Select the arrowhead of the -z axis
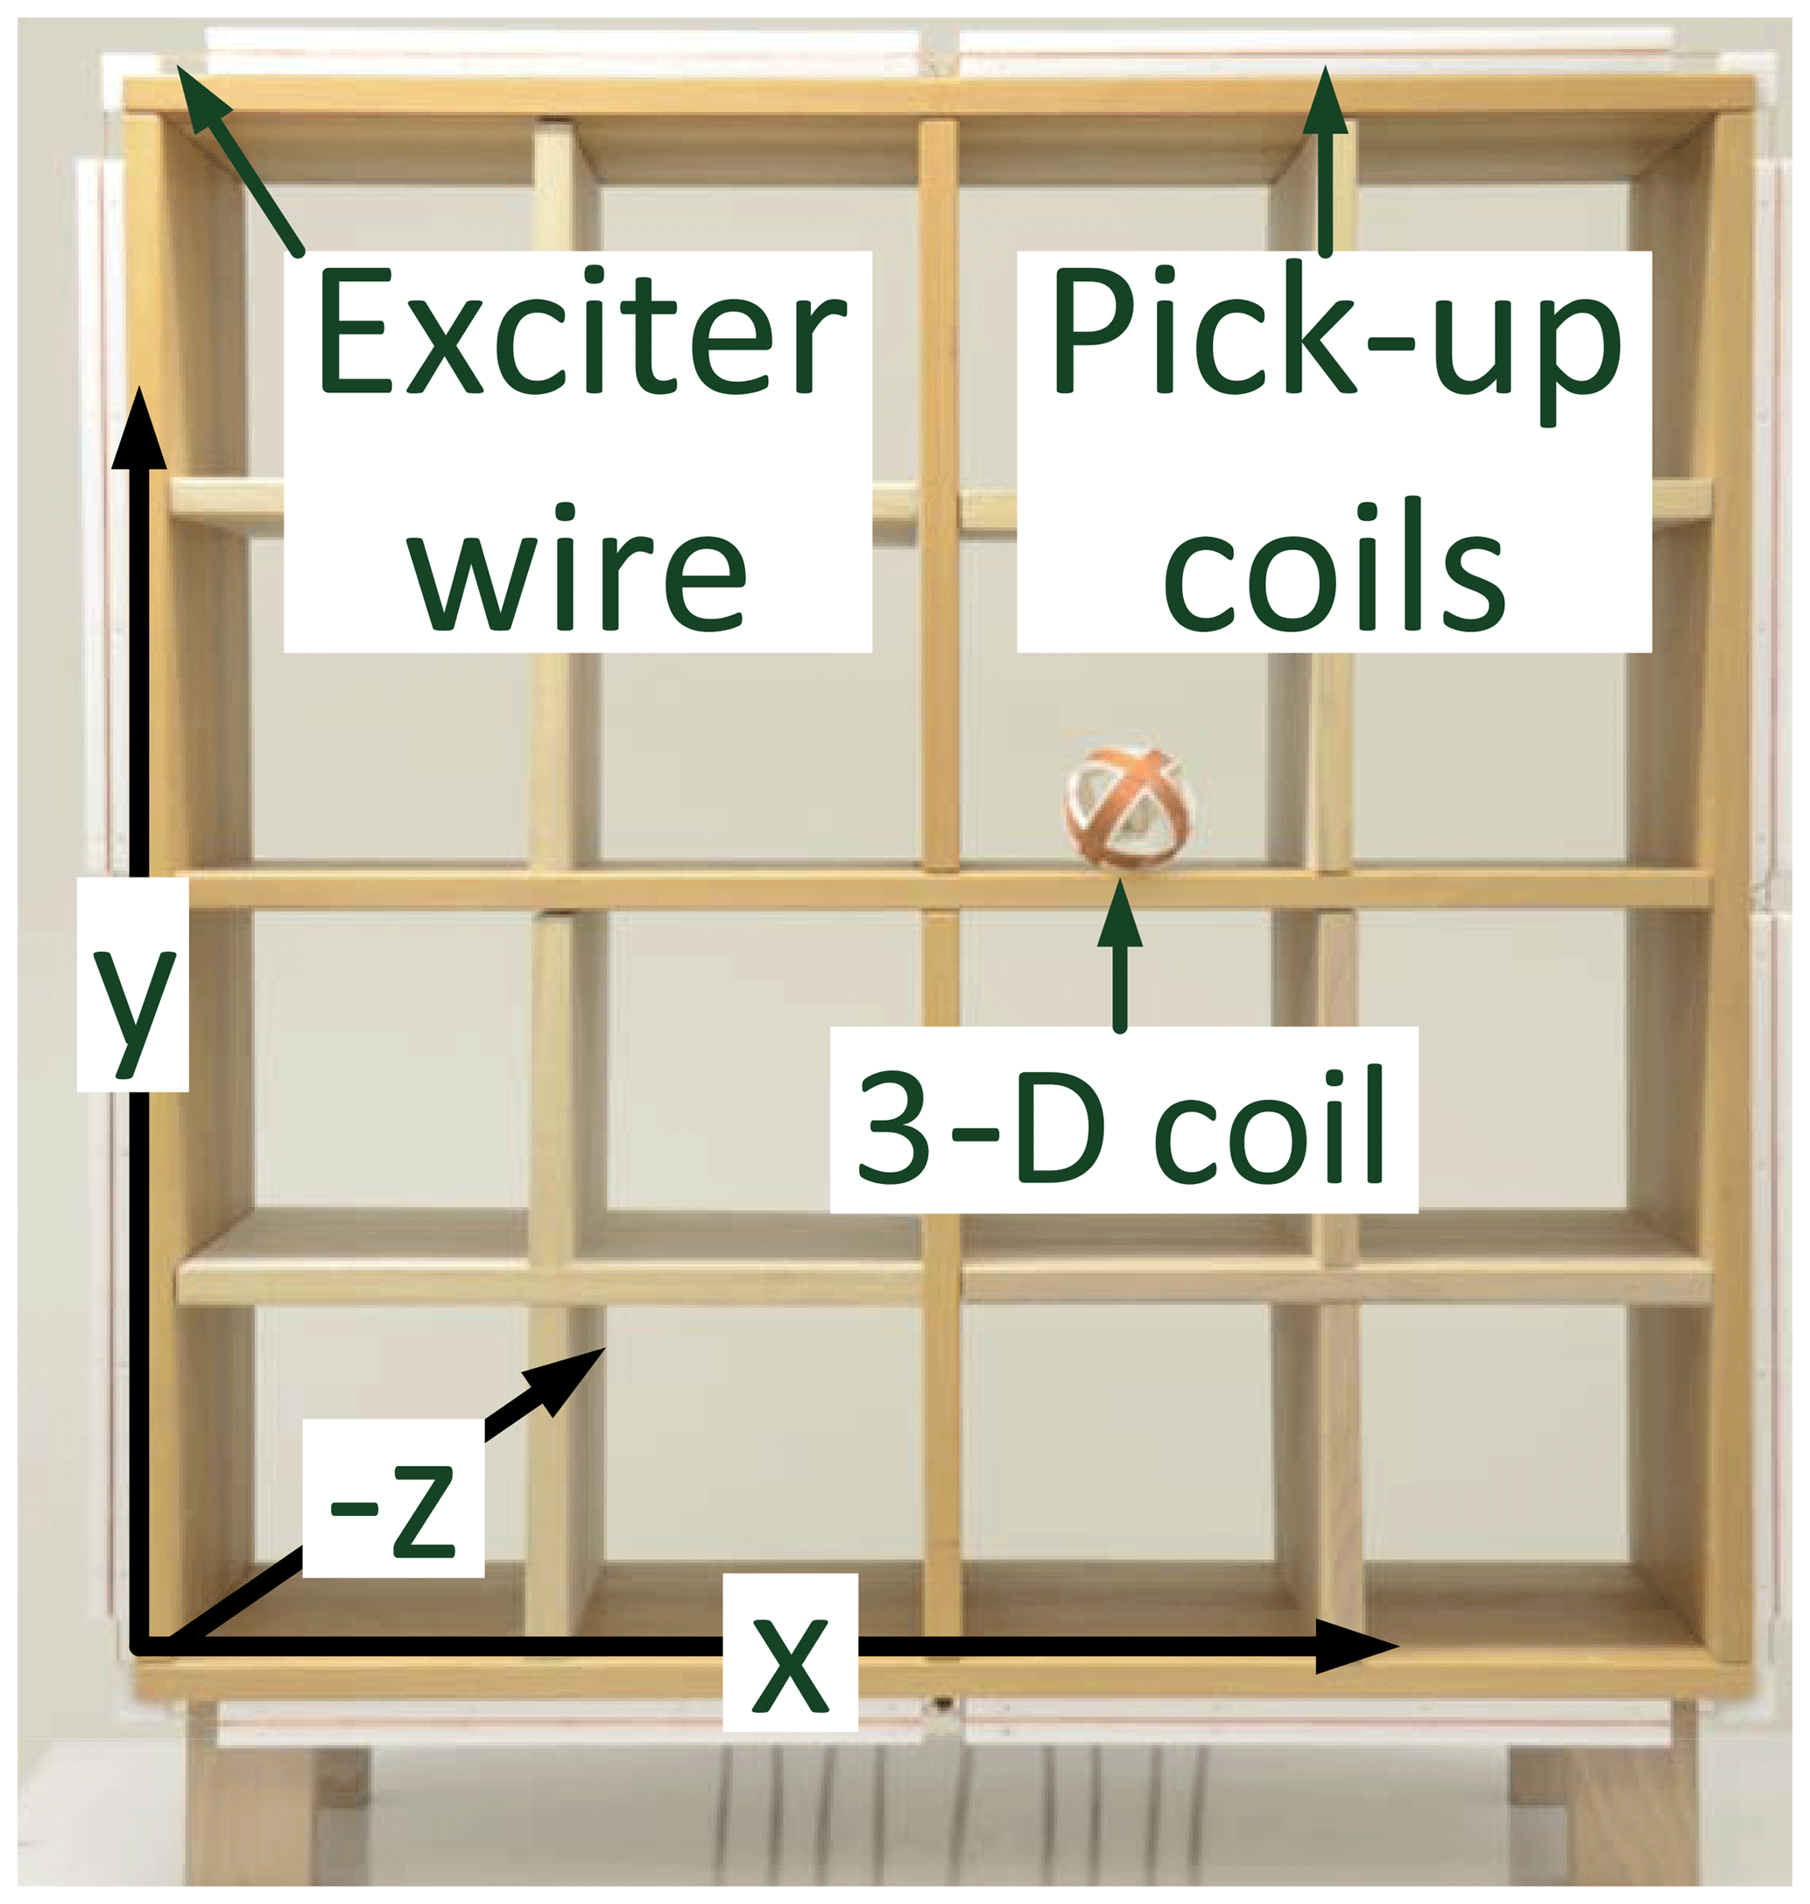[569, 1376]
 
